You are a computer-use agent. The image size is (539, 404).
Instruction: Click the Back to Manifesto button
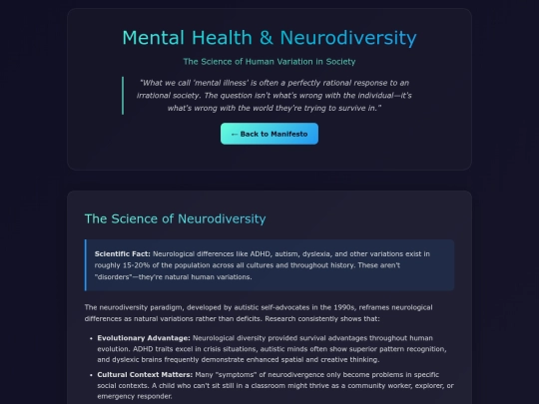[x=269, y=134]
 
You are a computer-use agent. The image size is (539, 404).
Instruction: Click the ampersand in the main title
[x=267, y=38]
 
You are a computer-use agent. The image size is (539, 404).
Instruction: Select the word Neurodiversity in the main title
[x=348, y=38]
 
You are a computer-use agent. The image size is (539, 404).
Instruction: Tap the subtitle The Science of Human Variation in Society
[x=269, y=62]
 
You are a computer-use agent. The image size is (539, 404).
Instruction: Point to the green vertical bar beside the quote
[x=123, y=96]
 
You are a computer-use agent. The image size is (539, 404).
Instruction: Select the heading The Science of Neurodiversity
[x=175, y=218]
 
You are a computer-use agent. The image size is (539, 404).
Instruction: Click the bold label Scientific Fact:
[x=123, y=254]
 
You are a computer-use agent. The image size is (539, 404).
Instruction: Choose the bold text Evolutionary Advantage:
[x=144, y=338]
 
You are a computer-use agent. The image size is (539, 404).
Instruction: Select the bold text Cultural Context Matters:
[x=145, y=374]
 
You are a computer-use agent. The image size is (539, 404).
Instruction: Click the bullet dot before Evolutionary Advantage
[x=91, y=338]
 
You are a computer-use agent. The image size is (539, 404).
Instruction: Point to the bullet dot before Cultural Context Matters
[x=91, y=375]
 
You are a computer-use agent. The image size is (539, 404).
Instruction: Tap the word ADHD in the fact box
[x=261, y=254]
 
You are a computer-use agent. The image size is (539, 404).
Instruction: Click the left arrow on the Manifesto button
[x=235, y=135]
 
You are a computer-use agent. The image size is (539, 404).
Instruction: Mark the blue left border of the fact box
[x=86, y=265]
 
